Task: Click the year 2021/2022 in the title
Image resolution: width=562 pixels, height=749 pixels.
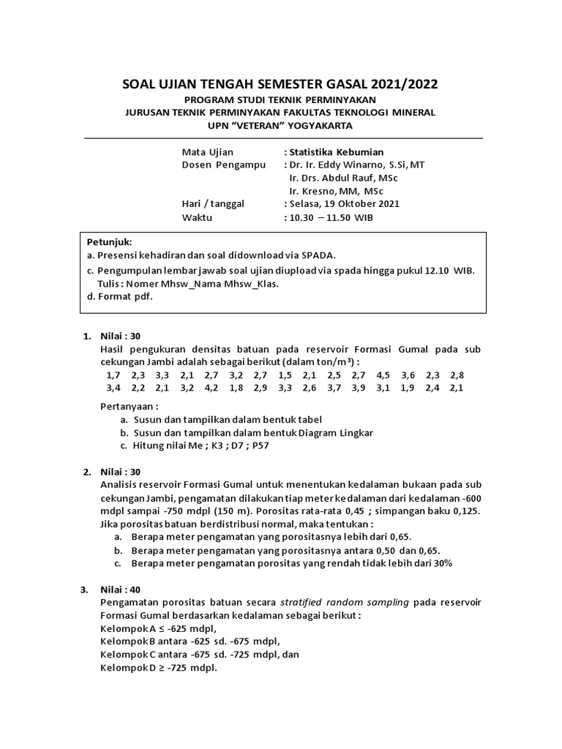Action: coord(400,85)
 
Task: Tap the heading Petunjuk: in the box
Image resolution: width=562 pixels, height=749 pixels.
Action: coord(110,241)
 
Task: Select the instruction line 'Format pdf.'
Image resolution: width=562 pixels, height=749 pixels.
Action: coord(125,296)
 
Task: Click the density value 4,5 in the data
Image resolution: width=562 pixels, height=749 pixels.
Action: coord(383,374)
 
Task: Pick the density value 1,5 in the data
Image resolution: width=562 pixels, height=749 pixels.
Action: coord(285,374)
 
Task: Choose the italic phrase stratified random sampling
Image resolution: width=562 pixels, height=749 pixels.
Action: coord(346,602)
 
